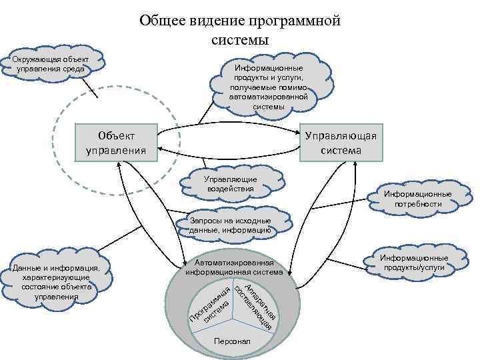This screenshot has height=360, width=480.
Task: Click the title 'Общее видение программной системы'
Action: click(240, 30)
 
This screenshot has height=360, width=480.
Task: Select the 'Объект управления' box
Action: click(116, 142)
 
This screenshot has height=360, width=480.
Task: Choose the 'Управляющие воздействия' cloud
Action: click(231, 184)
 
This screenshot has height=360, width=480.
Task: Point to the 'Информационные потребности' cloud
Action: click(417, 199)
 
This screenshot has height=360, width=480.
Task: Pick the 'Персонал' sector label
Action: click(232, 341)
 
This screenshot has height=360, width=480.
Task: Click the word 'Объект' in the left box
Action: click(116, 134)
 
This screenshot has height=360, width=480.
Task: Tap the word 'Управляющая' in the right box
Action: click(340, 135)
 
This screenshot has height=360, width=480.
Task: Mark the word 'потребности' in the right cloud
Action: click(417, 204)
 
